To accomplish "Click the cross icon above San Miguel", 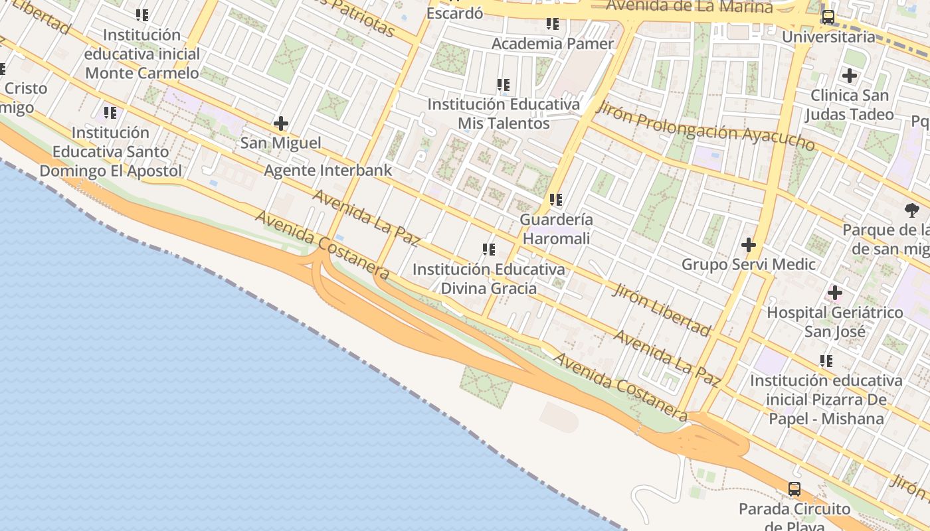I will [x=281, y=123].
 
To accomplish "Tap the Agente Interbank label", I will [x=328, y=171].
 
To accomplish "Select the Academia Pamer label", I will [x=553, y=44].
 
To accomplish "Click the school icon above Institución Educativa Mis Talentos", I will [x=504, y=85].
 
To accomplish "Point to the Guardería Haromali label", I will [x=557, y=228].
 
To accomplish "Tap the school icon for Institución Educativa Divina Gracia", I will [x=489, y=250].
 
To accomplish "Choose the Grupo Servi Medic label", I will [x=749, y=264].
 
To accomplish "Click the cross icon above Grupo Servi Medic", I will [x=749, y=246].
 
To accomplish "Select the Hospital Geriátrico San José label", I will [x=835, y=322].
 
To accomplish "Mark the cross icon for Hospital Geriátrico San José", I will [x=835, y=293].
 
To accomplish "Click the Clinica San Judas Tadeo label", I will [x=850, y=105].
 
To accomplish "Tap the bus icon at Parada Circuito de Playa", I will [x=794, y=489].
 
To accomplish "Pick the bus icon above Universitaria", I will [x=828, y=17].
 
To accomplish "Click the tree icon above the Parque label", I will [x=911, y=211].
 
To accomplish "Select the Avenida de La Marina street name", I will [x=690, y=7].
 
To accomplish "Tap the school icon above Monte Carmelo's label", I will [x=142, y=15].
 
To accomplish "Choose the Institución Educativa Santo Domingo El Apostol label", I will [x=110, y=152].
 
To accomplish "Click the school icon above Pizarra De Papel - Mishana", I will [x=826, y=361].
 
